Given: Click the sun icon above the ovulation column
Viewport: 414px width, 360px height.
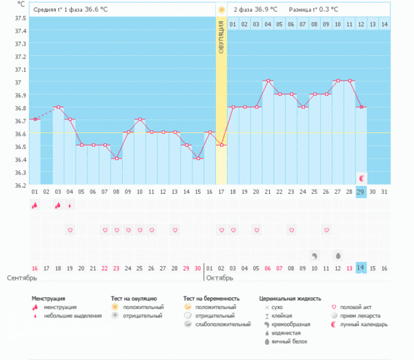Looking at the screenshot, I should (221, 10).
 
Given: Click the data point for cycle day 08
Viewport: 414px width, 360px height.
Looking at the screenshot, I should (116, 158).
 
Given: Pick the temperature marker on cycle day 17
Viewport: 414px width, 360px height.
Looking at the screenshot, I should (221, 145).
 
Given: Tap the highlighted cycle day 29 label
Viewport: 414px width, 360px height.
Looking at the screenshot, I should (361, 192).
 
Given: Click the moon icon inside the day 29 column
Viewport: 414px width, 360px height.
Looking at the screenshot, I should (361, 178).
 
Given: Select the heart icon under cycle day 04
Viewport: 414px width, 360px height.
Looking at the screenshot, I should (69, 230).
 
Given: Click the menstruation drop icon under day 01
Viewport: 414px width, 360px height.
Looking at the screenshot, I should (34, 205).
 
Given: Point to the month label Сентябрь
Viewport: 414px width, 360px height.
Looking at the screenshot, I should (21, 278).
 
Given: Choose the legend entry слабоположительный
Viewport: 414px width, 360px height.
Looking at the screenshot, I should (223, 323).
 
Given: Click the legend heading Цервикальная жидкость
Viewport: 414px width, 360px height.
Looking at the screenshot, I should (289, 298).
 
